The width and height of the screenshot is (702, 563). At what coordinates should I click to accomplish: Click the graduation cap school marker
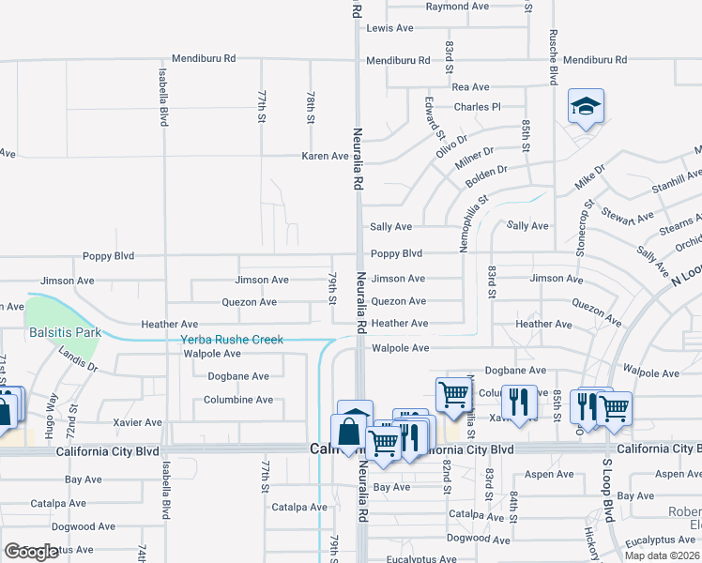[x=586, y=106]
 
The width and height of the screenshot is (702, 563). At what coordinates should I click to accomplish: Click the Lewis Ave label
[x=390, y=28]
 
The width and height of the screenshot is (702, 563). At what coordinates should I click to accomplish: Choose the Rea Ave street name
[x=471, y=86]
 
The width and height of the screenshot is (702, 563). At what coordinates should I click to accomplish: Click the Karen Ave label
[x=325, y=156]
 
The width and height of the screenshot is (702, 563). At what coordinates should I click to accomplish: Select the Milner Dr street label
[x=474, y=159]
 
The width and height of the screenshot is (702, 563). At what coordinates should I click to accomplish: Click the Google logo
[x=31, y=551]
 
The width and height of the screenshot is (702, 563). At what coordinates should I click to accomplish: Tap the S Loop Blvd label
[x=607, y=491]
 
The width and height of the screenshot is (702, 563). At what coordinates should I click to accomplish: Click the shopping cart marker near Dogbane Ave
[x=453, y=394]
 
